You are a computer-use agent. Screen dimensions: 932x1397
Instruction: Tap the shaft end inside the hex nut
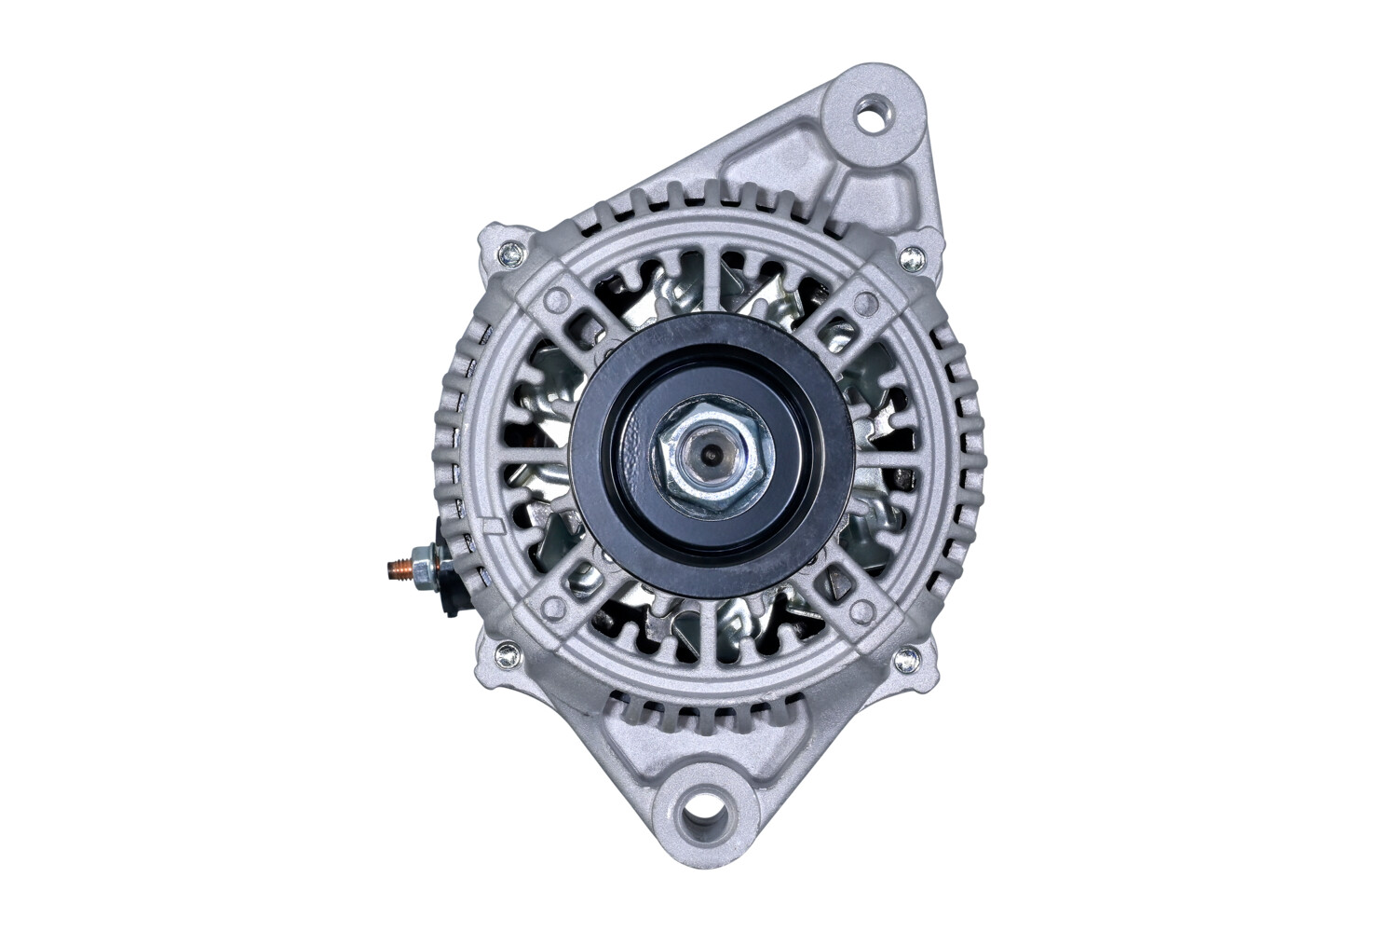[710, 456]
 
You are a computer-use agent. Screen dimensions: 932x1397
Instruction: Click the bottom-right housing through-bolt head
[903, 660]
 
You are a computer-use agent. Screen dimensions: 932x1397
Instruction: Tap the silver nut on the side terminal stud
[424, 567]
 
